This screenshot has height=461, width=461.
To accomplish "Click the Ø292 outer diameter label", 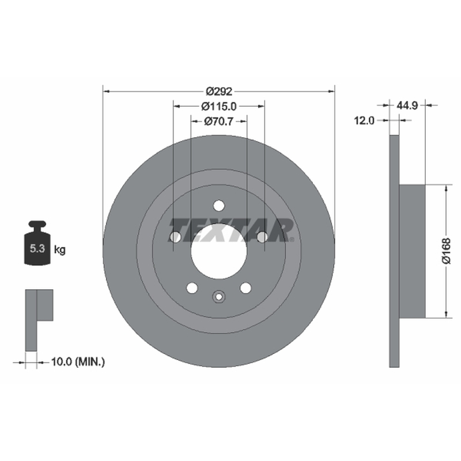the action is point(219,92).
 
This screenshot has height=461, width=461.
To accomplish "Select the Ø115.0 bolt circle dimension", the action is point(219,107).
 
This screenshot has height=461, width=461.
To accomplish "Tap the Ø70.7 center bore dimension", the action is point(219,121).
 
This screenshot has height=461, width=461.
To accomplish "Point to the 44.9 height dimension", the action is point(407,105).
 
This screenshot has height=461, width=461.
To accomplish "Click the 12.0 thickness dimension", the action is point(364,120).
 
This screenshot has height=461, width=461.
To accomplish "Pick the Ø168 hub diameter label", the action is point(446,251).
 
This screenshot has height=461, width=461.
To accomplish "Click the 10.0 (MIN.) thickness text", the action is point(78,362).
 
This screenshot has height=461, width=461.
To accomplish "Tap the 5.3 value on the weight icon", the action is point(37,249).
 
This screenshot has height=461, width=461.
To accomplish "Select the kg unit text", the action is point(60,250).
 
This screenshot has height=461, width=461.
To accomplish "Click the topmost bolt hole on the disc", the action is point(219,206).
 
